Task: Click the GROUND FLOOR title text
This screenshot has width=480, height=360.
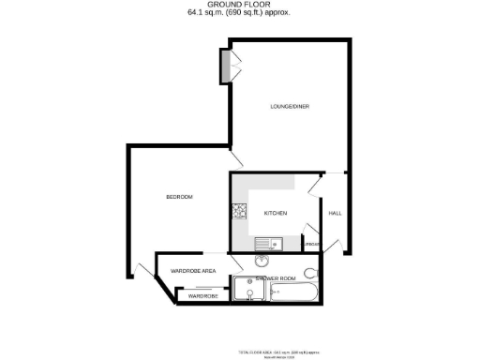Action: click(239, 6)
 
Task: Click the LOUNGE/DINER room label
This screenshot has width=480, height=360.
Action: click(291, 107)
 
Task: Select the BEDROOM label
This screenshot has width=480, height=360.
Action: click(179, 197)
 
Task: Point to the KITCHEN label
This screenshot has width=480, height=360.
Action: click(275, 214)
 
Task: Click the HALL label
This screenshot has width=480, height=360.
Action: click(335, 214)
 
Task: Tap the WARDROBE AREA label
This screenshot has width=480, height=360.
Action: click(194, 271)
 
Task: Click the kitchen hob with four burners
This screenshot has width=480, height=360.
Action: click(239, 212)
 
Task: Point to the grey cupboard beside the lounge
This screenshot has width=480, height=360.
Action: click(225, 66)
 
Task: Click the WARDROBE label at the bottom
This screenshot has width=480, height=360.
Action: click(203, 296)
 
